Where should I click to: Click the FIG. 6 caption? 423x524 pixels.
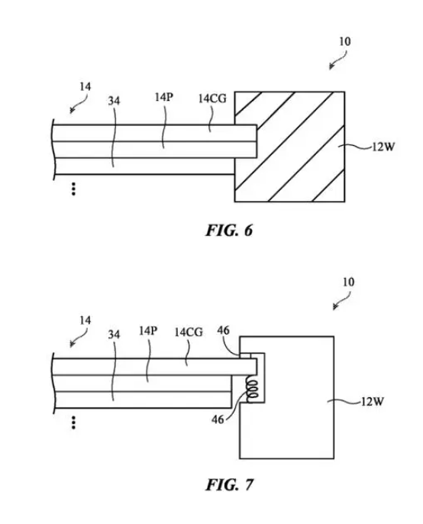pos(229,230)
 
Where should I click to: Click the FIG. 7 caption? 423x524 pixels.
pos(229,484)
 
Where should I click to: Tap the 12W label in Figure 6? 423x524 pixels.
pos(383,147)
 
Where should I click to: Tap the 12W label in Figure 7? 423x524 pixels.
pos(373,401)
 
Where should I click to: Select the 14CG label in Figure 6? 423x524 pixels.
pos(212,99)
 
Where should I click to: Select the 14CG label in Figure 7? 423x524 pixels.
pos(189,332)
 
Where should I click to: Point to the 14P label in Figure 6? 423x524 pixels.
pos(164,97)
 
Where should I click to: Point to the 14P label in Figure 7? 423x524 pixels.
pos(148,331)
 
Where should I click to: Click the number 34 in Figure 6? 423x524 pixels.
pos(114,101)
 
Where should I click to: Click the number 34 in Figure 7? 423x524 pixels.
pos(114,335)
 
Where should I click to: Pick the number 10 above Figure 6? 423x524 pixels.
pos(345,41)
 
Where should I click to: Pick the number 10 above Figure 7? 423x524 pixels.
pos(348,282)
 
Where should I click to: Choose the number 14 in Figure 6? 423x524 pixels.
pos(85,86)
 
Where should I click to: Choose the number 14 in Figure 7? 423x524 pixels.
pos(85,320)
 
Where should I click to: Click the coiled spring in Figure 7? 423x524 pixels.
pos(252,390)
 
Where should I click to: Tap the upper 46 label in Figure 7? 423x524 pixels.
pos(223,330)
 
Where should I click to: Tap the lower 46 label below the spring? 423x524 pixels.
pos(218,419)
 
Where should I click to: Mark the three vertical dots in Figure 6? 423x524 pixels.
pos(73,189)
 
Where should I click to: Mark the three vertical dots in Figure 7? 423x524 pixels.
pos(73,422)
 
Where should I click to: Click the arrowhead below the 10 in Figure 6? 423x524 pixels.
pos(331,66)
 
